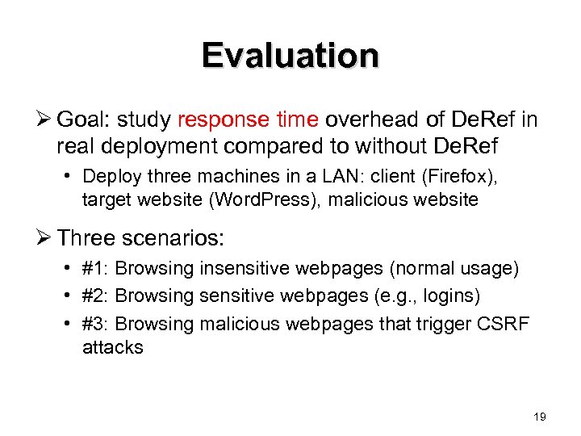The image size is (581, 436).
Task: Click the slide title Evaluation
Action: click(290, 56)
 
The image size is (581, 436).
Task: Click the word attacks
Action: click(112, 348)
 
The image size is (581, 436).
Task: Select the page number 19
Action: click(540, 417)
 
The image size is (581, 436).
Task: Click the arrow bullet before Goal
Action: click(44, 120)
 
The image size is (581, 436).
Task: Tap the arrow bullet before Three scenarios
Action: click(44, 238)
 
